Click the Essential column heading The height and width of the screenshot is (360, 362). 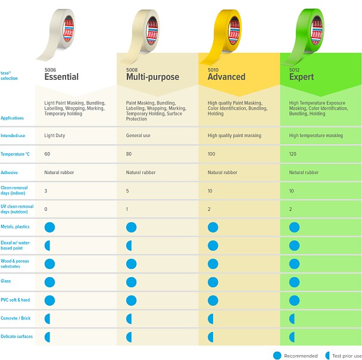click(x=61, y=77)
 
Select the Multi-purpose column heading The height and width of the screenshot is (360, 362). click(x=148, y=77)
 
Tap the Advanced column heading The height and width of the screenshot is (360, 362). click(x=226, y=77)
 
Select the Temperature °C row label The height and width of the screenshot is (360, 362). click(x=15, y=154)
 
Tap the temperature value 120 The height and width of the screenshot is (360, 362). click(x=294, y=154)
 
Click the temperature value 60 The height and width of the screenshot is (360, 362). click(x=47, y=154)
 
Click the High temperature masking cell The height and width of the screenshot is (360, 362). click(x=316, y=135)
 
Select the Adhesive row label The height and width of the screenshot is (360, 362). click(x=10, y=172)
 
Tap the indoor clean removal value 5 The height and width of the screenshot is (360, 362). click(x=127, y=191)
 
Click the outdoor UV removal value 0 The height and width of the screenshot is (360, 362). click(x=46, y=209)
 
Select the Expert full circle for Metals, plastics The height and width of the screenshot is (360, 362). click(x=294, y=226)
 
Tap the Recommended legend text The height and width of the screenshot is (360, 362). click(x=300, y=356)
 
